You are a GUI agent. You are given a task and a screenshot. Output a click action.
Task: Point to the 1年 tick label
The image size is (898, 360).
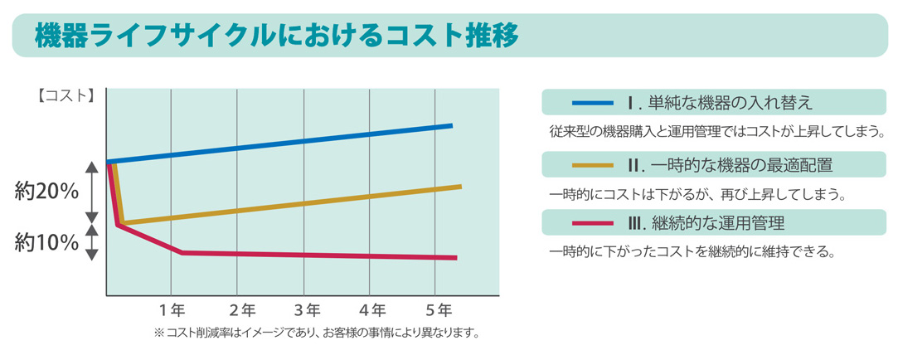tap(173, 311)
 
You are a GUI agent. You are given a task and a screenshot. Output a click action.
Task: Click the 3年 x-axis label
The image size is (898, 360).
tap(307, 311)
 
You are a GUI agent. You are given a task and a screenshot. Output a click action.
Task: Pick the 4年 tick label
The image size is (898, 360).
tap(372, 311)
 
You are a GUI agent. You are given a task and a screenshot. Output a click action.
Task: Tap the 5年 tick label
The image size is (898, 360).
tap(439, 311)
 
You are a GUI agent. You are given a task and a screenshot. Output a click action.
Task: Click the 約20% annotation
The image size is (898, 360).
tap(46, 192)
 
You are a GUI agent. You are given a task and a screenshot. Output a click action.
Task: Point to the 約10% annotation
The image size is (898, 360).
tap(46, 242)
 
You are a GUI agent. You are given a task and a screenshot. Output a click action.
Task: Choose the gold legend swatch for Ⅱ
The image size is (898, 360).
tap(592, 164)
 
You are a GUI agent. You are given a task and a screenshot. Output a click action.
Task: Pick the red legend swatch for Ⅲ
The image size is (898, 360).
tap(592, 222)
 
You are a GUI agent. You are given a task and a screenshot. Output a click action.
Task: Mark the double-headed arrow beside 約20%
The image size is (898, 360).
tap(92, 192)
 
